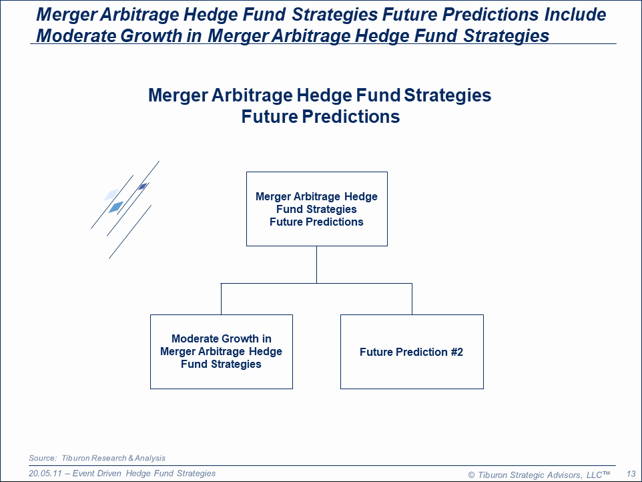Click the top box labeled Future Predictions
click(317, 209)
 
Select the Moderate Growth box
click(222, 352)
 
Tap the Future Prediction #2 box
click(412, 352)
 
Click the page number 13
click(631, 474)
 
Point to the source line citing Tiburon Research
click(97, 458)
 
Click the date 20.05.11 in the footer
click(45, 473)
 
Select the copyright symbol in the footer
click(471, 475)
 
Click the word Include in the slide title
click(575, 15)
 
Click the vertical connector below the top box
click(316, 264)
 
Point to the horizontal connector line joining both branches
click(316, 283)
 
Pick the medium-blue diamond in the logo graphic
click(116, 207)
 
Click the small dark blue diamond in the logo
click(143, 187)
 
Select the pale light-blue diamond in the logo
click(111, 194)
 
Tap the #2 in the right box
click(457, 352)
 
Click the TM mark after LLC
click(606, 473)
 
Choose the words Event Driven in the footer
click(97, 473)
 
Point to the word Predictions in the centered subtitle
click(351, 116)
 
